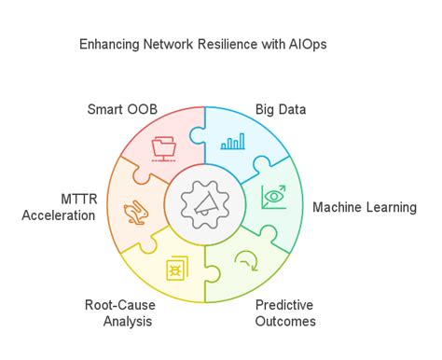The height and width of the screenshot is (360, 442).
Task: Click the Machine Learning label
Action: tap(365, 207)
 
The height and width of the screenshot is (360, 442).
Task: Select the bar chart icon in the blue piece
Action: tap(233, 142)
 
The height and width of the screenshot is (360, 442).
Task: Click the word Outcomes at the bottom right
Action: tap(284, 322)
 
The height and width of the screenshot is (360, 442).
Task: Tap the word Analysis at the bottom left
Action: tap(128, 322)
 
